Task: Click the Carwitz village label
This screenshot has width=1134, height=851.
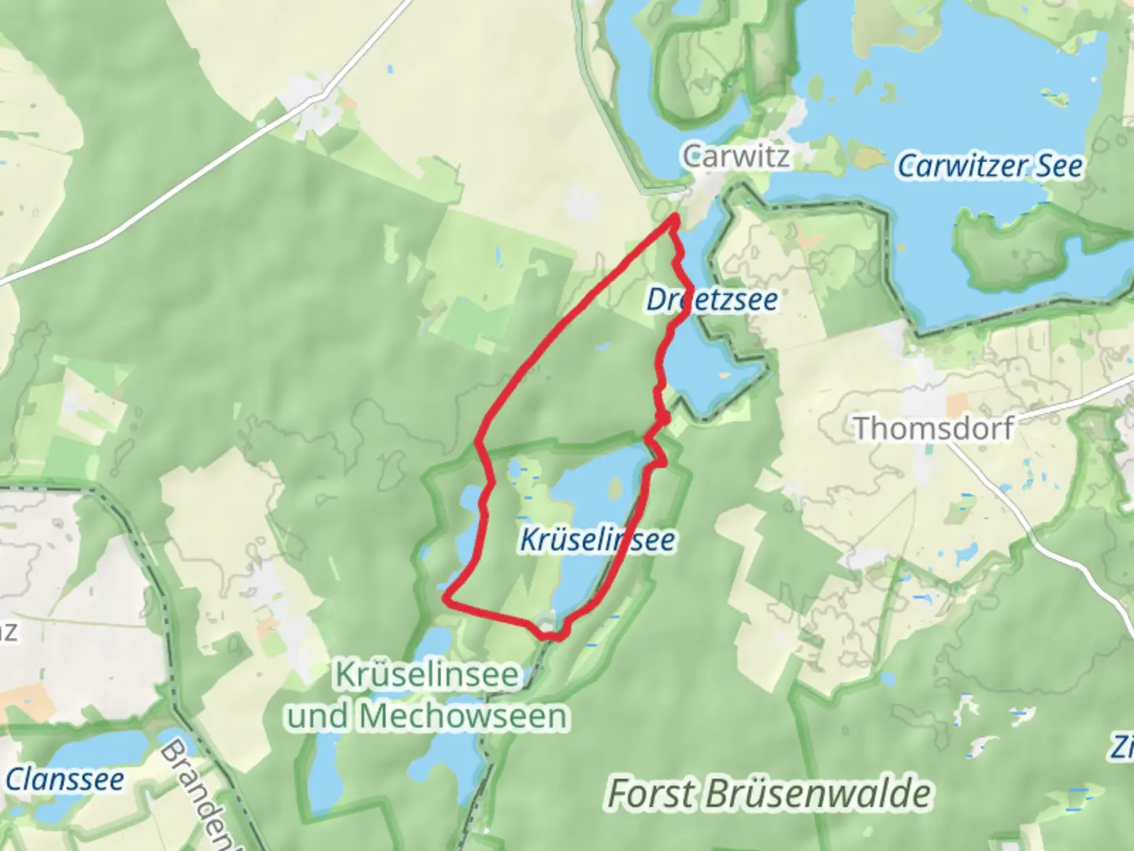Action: [736, 156]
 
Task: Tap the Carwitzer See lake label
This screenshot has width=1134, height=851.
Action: [990, 166]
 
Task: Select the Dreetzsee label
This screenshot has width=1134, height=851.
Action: [712, 299]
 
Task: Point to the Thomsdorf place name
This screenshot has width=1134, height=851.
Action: [934, 429]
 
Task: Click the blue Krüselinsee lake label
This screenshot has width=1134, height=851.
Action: [597, 540]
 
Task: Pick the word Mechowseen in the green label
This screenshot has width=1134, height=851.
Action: [465, 717]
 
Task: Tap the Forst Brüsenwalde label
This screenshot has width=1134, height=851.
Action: [769, 793]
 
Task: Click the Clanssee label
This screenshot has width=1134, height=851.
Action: [65, 780]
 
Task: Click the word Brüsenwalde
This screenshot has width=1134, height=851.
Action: [817, 793]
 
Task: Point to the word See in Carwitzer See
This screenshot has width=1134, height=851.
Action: [1059, 166]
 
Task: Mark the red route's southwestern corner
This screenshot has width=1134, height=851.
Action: [447, 599]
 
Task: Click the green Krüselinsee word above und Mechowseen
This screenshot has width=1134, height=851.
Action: [427, 675]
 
